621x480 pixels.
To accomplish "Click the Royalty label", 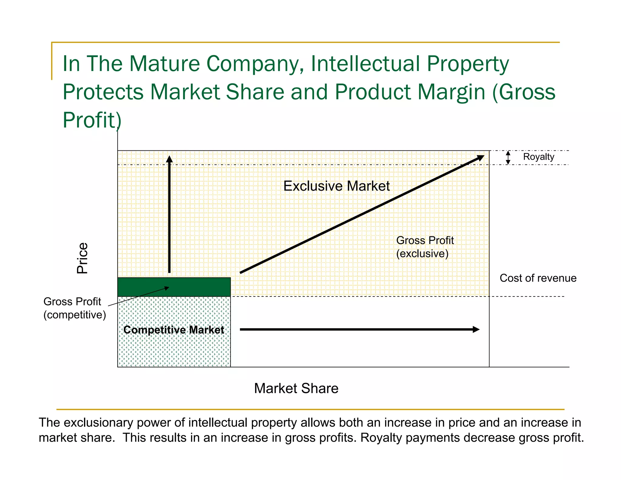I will point(539,157).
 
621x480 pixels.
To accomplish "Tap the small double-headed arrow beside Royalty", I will point(508,157).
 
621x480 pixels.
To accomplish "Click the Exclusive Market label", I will point(336,186).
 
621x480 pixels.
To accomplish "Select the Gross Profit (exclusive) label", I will point(425,247).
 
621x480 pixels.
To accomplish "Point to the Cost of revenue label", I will point(538,278).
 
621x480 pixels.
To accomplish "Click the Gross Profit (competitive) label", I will point(74,308).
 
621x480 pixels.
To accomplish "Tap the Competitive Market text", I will point(174,330).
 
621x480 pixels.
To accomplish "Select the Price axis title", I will point(82,258).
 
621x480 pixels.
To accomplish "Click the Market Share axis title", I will point(296,388).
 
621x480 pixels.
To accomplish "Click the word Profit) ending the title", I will point(92,120).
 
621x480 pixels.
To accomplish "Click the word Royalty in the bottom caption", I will point(381,438).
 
